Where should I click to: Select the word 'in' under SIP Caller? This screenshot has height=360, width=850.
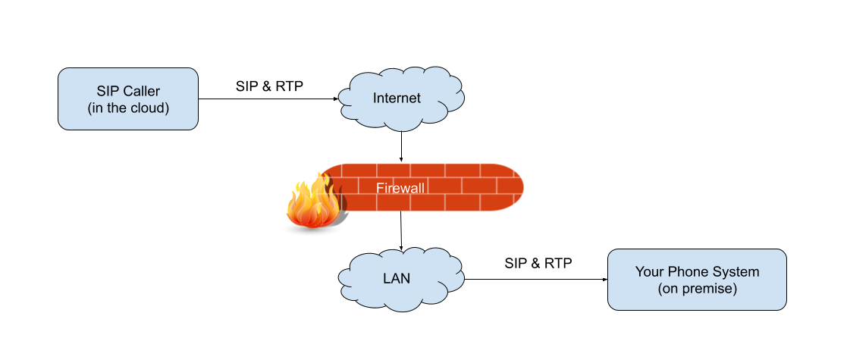pos(96,108)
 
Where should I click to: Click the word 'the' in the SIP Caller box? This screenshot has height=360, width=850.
pos(115,108)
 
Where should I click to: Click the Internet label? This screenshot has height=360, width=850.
pos(397,99)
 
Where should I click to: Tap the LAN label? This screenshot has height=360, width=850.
pos(397,278)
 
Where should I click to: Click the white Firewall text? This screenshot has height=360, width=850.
pos(400,188)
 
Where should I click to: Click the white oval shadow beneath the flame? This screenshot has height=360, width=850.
pos(311,229)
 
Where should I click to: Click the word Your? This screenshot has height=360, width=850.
pos(649,272)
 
